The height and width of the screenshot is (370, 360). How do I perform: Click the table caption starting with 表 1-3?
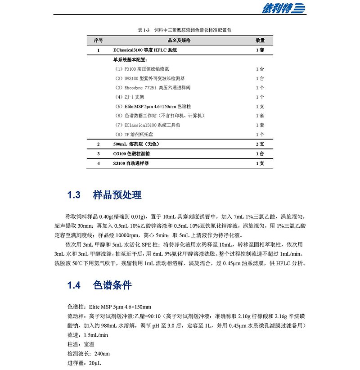point(180,30)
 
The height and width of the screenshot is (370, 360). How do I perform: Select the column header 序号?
point(98,41)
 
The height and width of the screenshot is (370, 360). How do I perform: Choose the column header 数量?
point(260,41)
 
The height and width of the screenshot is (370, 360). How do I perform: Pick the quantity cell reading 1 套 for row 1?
point(260,50)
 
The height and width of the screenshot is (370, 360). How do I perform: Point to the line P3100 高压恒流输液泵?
point(141,69)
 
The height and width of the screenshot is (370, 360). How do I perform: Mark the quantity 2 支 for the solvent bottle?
point(260,144)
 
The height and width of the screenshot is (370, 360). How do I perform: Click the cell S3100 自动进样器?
point(131,163)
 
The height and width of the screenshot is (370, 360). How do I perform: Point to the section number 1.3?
point(74,195)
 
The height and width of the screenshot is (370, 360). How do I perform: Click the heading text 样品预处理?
point(117,195)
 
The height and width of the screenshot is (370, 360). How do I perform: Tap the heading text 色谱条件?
point(112,285)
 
